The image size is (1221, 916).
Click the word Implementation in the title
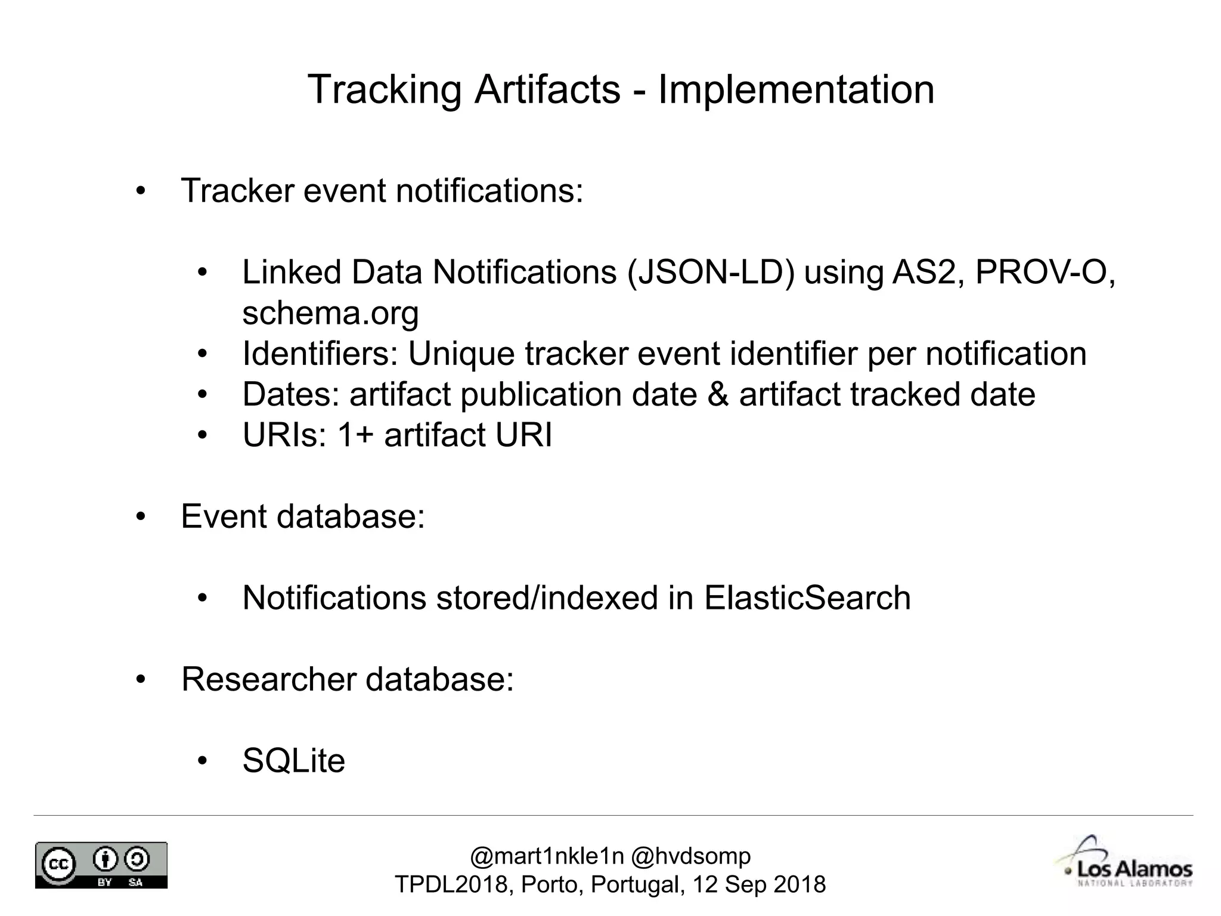click(795, 90)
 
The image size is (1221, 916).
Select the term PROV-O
click(1040, 273)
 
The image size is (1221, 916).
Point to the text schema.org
click(330, 313)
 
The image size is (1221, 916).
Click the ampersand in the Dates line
click(718, 394)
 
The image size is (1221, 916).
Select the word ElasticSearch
click(807, 598)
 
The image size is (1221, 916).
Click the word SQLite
click(293, 761)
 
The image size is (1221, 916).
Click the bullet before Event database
click(141, 516)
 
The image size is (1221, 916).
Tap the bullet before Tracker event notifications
click(141, 191)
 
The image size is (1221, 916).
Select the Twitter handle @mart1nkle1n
click(546, 856)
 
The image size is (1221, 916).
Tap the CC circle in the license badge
click(58, 864)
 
